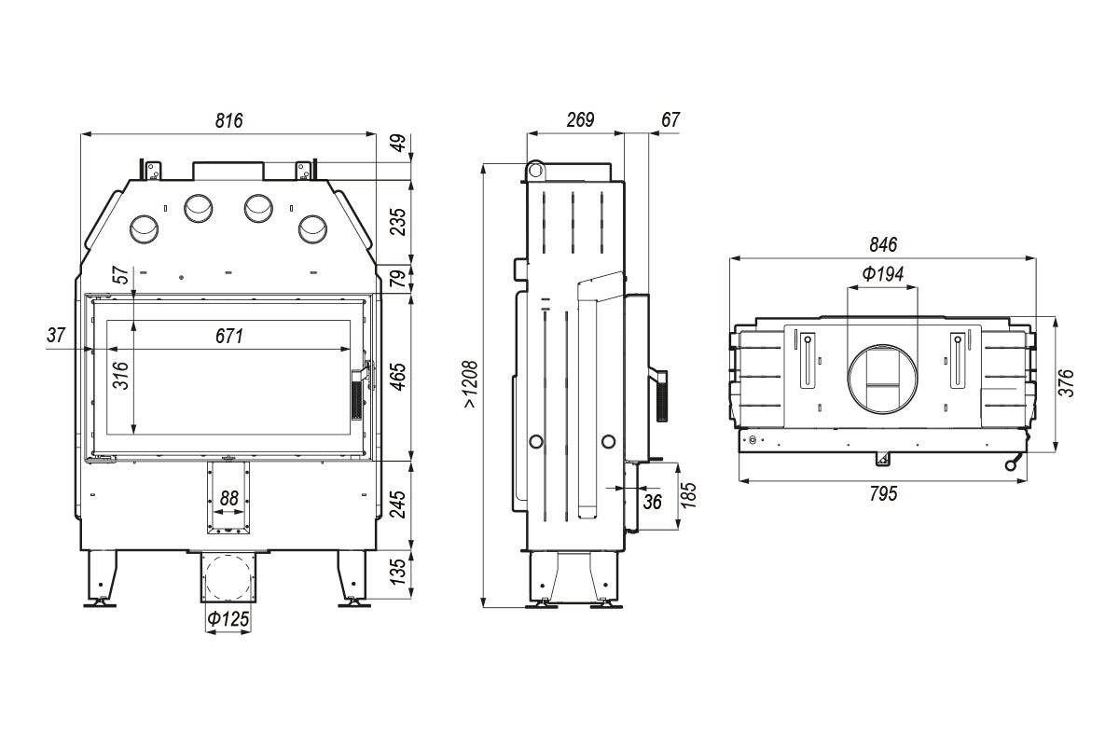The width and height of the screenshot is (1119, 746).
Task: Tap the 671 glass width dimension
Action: point(228,337)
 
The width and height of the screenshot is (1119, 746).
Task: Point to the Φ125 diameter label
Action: point(228,618)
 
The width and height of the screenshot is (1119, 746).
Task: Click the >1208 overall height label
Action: point(469,385)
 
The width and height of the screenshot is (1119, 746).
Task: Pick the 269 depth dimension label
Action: point(580,119)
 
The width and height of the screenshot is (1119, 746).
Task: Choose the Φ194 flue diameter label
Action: point(882,274)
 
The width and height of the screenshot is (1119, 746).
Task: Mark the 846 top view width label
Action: point(882,245)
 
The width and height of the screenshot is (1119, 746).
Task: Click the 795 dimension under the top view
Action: point(882,494)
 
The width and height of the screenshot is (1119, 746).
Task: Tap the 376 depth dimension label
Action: point(1068,383)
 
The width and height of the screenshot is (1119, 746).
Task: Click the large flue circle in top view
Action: point(882,379)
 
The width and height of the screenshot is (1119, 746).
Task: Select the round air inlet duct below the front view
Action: point(227,577)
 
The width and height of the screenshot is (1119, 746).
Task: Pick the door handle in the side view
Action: point(660,394)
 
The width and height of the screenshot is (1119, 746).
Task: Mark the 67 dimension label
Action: point(670,119)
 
